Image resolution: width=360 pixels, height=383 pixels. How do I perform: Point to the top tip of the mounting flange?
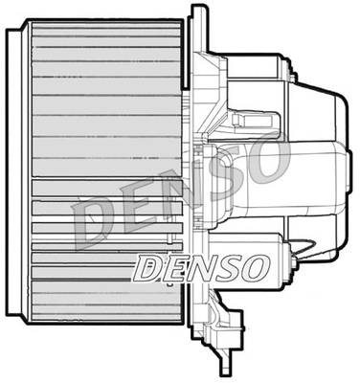tap(198, 10)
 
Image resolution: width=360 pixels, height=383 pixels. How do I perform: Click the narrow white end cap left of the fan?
tap(11, 172)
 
